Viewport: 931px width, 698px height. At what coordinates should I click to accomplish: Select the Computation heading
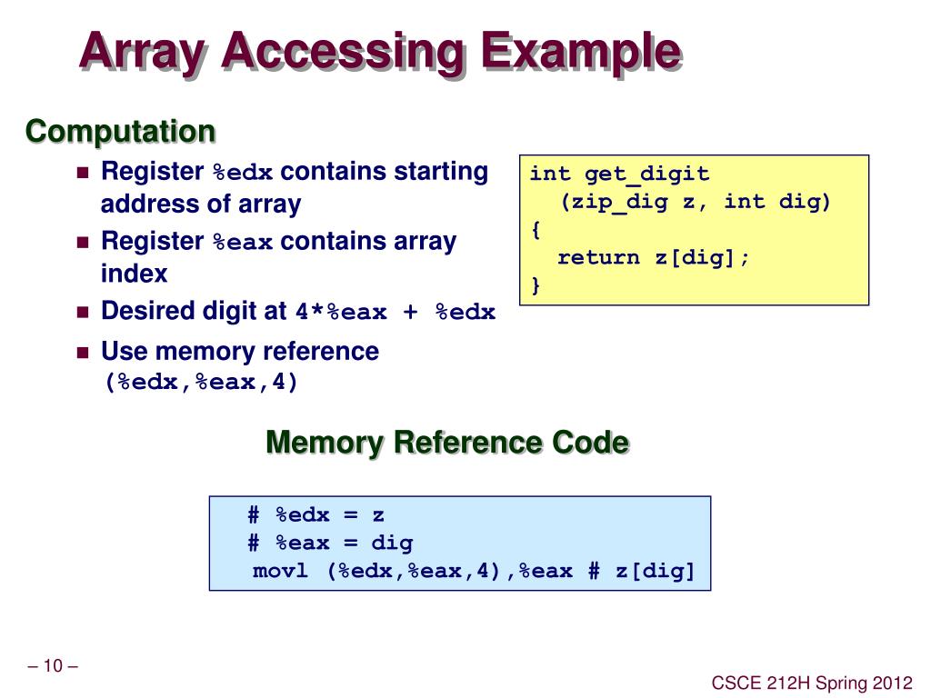click(120, 132)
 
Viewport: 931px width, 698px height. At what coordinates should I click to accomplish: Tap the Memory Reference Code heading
click(446, 443)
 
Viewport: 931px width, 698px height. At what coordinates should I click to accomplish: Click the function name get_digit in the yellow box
click(646, 174)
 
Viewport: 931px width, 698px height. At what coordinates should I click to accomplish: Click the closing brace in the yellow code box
click(536, 285)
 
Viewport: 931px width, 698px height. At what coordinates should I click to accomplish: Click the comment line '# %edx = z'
click(315, 515)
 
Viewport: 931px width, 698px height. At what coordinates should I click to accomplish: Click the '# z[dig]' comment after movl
click(641, 571)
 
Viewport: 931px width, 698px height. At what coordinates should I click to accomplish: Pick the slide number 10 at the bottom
click(53, 666)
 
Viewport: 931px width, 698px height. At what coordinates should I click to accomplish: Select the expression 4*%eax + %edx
click(395, 313)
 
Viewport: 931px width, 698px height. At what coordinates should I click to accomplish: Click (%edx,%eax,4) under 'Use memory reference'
click(201, 383)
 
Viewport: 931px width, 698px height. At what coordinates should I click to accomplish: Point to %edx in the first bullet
click(243, 173)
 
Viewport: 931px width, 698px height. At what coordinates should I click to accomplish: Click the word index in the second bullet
click(134, 274)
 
